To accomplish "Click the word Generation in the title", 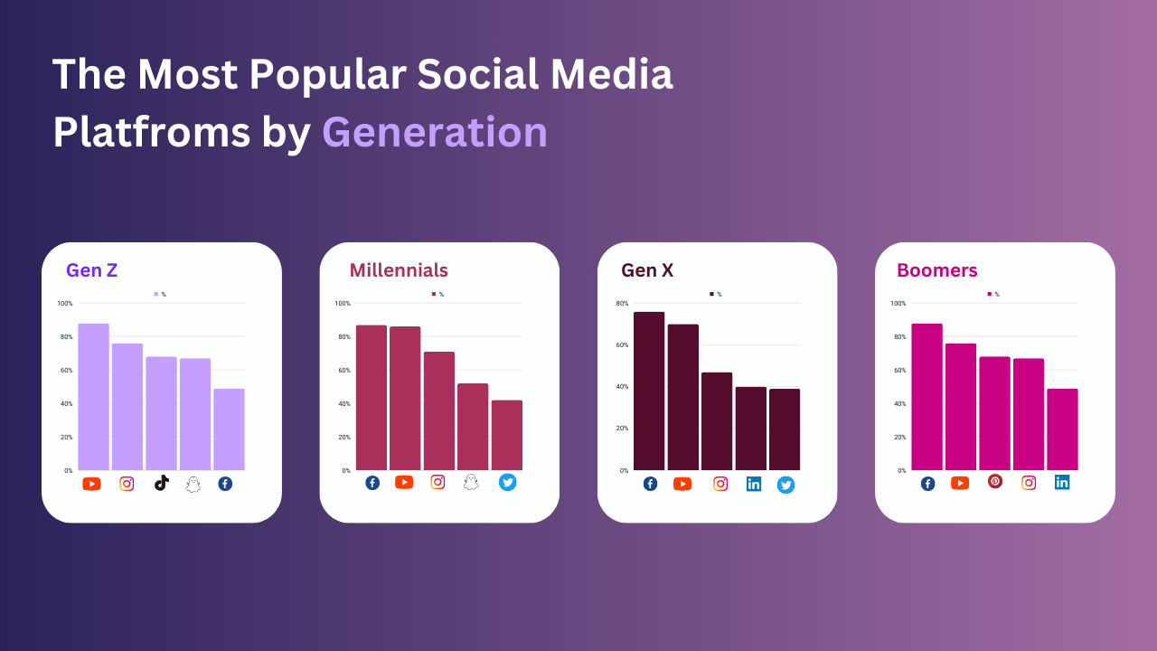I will click(x=435, y=132).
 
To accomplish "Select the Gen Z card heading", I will click(x=91, y=269).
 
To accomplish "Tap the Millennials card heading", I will click(x=399, y=269).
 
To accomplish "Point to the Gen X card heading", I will click(x=647, y=269).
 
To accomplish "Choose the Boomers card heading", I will click(x=936, y=269).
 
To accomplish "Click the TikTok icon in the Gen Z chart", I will click(x=161, y=483).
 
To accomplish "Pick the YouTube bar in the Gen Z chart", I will click(x=93, y=397).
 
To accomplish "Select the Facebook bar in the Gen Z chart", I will click(x=229, y=429).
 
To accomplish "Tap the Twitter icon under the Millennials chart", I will click(x=507, y=482).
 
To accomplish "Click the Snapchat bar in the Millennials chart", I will click(x=473, y=427).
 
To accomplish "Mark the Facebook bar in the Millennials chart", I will click(x=371, y=398).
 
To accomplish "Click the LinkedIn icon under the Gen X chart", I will click(x=754, y=484).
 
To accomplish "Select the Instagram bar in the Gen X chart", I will click(x=717, y=421).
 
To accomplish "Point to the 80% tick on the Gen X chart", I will click(x=623, y=303).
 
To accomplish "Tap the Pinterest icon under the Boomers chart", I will click(x=995, y=481).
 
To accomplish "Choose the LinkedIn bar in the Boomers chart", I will click(x=1062, y=429).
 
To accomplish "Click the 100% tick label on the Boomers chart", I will click(x=898, y=303).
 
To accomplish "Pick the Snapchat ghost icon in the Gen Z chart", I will click(x=193, y=484).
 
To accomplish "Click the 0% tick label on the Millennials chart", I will click(x=346, y=470).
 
